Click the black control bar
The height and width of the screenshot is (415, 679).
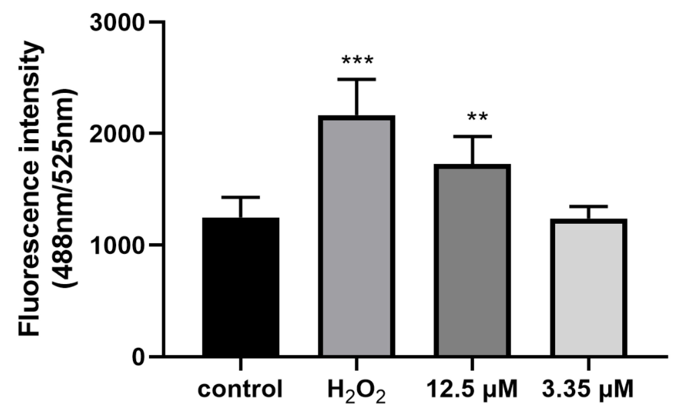pyautogui.click(x=241, y=287)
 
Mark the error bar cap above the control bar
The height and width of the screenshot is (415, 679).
pyautogui.click(x=241, y=197)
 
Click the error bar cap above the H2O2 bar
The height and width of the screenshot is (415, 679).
pyautogui.click(x=356, y=79)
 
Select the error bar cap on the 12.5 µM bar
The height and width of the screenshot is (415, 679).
pyautogui.click(x=472, y=136)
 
